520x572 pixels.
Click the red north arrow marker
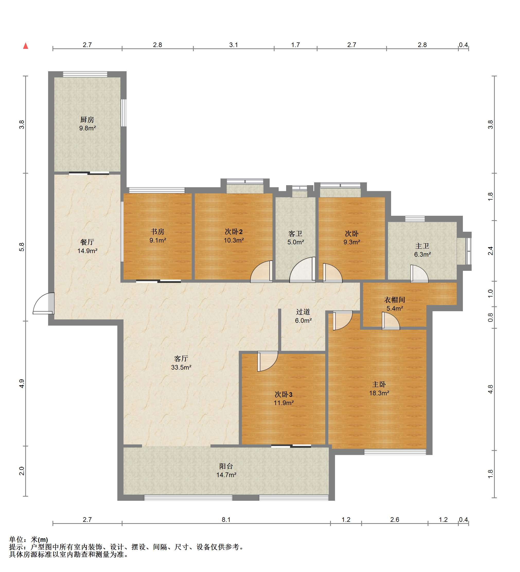click(x=25, y=46)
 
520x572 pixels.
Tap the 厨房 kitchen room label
click(x=87, y=120)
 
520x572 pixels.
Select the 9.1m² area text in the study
click(x=157, y=240)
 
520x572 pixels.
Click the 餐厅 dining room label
click(x=87, y=242)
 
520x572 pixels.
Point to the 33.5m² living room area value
click(x=181, y=368)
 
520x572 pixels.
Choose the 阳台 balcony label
click(x=226, y=466)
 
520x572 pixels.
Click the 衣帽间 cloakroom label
click(x=394, y=300)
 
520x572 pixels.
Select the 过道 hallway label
click(x=303, y=312)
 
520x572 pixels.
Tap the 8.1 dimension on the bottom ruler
click(x=226, y=520)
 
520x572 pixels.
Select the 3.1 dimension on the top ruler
click(x=233, y=45)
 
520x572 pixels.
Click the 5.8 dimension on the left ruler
click(x=22, y=247)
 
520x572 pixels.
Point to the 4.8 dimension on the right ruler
click(x=490, y=389)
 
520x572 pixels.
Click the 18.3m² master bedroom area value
click(x=379, y=393)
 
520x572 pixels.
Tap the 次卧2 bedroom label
click(x=234, y=232)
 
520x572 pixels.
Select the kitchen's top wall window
click(x=85, y=74)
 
